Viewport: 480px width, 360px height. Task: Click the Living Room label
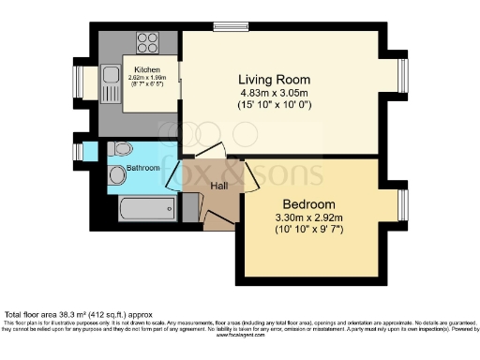[274, 79]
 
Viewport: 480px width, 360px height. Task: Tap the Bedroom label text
[309, 204]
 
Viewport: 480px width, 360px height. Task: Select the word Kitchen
[147, 70]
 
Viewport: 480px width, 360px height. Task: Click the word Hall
[219, 187]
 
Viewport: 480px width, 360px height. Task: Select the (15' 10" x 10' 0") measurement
[274, 106]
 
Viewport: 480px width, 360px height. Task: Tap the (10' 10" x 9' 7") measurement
[309, 232]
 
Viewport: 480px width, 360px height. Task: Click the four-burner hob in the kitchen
[147, 41]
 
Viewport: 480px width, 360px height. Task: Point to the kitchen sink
[110, 81]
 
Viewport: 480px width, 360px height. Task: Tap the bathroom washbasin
[116, 175]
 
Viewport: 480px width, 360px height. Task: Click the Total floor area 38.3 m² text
[75, 315]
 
